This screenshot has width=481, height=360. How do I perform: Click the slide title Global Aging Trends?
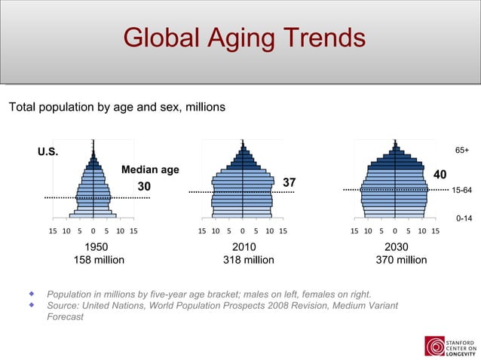[244, 38]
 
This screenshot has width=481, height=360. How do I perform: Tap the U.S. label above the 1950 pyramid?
[47, 152]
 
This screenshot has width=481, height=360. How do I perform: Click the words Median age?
[151, 169]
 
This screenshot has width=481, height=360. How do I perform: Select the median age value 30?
[143, 186]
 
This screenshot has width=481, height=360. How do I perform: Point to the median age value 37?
[289, 183]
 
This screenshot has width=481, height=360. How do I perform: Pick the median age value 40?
[440, 174]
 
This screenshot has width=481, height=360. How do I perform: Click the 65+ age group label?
[461, 151]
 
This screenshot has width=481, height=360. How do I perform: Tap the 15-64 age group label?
[461, 191]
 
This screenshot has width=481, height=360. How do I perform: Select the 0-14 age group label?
[464, 218]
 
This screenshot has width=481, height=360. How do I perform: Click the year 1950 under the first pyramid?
[96, 247]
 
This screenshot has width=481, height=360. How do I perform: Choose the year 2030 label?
[397, 247]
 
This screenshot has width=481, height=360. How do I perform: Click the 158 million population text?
[99, 260]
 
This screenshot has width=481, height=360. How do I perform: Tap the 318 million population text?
[248, 260]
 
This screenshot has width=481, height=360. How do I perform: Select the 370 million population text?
[401, 260]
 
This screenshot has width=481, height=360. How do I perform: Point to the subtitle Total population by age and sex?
[116, 107]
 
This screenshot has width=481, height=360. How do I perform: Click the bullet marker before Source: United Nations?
[32, 305]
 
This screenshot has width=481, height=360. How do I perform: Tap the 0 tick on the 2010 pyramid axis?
[242, 231]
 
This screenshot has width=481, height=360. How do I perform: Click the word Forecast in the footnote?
[65, 317]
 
